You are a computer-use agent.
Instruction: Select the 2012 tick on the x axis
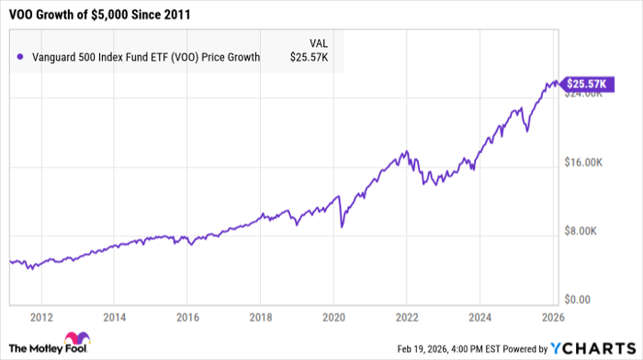coord(40,318)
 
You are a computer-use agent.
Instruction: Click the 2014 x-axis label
coord(114,318)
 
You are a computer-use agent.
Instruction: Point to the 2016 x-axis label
coord(186,318)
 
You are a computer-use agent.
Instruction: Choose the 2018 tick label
coord(260,318)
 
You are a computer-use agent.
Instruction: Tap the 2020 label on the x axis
coord(333,318)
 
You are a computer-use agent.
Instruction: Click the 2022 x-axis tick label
coord(406,318)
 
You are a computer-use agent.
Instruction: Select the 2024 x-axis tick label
coord(479,318)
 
